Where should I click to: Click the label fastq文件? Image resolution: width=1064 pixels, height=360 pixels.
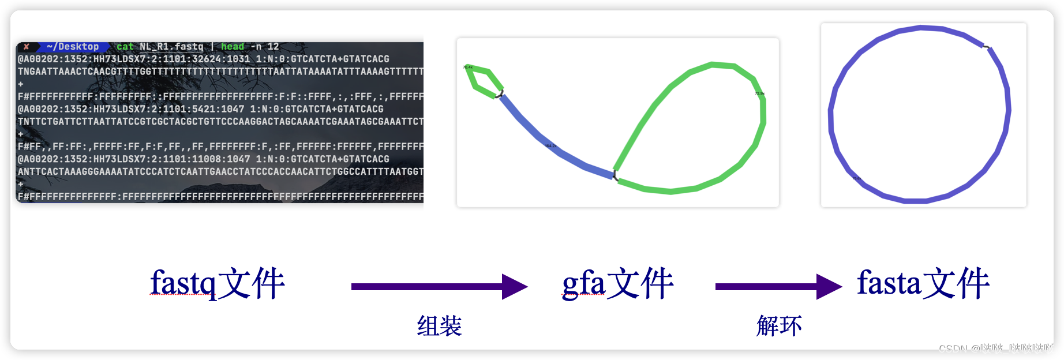click(x=218, y=283)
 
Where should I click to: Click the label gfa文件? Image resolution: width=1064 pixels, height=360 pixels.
click(x=617, y=283)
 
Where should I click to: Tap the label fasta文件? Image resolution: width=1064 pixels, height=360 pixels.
click(x=923, y=283)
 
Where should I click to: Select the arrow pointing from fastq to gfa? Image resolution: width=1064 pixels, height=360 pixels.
click(x=439, y=287)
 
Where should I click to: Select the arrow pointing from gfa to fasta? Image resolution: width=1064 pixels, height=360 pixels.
click(x=778, y=287)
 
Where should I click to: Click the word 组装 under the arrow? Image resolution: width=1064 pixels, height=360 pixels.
click(x=439, y=326)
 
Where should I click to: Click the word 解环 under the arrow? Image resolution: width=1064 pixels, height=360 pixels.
click(x=779, y=326)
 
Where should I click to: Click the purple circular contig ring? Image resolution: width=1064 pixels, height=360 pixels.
click(x=831, y=115)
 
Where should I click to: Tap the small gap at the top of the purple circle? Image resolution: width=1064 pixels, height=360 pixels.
click(x=987, y=47)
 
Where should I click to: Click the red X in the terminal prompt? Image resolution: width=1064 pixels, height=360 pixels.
click(x=27, y=47)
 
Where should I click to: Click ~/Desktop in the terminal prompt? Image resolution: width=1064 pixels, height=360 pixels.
click(x=73, y=47)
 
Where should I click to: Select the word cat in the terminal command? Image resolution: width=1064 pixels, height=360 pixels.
click(x=124, y=47)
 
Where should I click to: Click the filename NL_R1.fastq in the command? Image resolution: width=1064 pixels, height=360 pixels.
click(x=171, y=47)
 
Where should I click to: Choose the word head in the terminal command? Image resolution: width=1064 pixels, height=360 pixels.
click(x=233, y=47)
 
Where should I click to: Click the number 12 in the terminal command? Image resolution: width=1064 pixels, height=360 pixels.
click(x=273, y=47)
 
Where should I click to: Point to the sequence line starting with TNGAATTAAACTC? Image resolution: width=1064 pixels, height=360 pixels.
click(x=219, y=72)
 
